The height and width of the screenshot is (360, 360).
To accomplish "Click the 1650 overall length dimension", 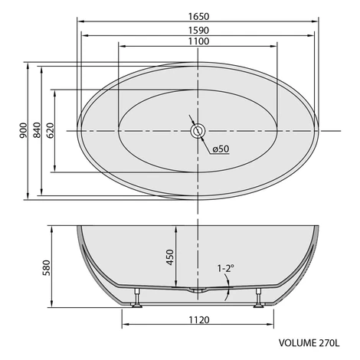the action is (x=198, y=17).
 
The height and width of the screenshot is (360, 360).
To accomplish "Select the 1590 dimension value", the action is (x=198, y=31).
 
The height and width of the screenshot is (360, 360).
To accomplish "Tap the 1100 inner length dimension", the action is (x=198, y=41).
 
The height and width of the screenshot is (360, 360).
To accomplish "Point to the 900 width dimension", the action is (x=23, y=130).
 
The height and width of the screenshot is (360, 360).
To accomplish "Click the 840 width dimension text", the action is (x=38, y=130).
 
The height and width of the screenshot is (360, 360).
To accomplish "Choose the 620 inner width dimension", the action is (x=51, y=130).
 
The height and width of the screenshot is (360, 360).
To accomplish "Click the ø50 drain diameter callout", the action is (x=221, y=149).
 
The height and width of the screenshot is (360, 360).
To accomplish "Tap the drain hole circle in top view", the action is (x=198, y=131).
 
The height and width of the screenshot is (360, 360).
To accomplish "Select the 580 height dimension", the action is (x=47, y=267).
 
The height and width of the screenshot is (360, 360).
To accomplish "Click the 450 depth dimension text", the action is (x=170, y=257).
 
